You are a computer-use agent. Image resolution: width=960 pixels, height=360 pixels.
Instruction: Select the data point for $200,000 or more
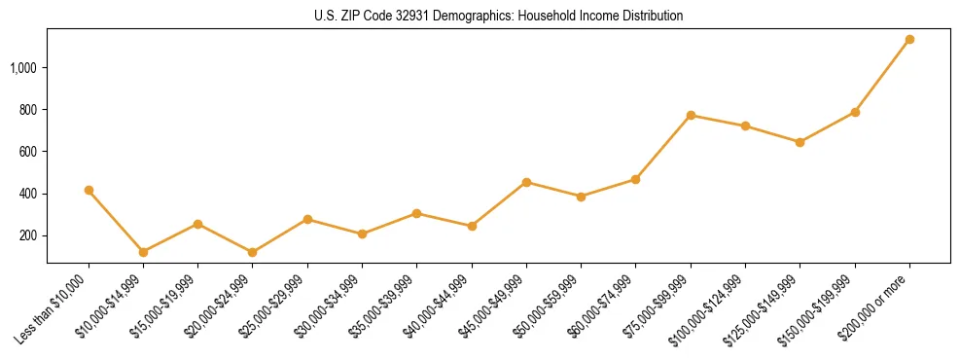[909, 40]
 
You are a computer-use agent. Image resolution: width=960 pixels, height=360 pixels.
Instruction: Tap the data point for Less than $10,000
[89, 191]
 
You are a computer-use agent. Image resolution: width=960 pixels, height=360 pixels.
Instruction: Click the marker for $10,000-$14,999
[143, 252]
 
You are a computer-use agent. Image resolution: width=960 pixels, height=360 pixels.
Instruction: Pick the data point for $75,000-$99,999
[691, 116]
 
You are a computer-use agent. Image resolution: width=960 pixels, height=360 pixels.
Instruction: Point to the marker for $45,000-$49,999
[526, 182]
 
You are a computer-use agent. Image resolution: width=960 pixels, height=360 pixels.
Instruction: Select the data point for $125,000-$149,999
[800, 142]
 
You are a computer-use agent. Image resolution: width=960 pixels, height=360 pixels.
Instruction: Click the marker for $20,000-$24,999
[253, 252]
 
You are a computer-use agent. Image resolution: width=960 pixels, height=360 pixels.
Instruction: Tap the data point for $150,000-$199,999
[855, 113]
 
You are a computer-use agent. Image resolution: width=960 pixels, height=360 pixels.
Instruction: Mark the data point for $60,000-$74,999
[635, 179]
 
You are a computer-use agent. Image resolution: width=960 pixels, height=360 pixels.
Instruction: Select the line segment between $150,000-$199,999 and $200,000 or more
[882, 76]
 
